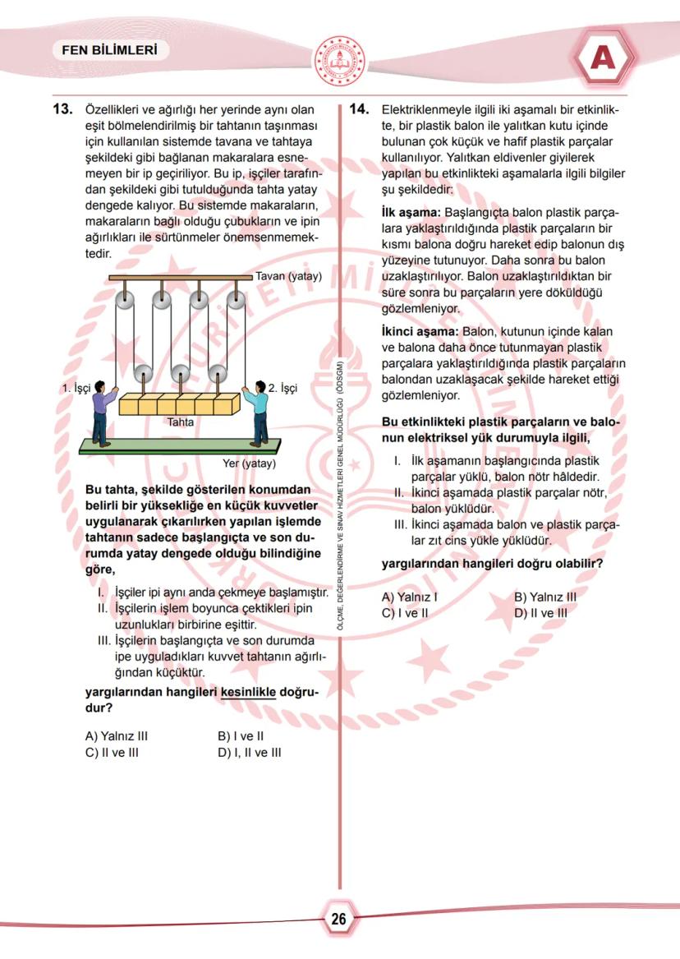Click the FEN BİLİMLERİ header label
pyautogui.click(x=109, y=50)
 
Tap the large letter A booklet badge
pyautogui.click(x=604, y=58)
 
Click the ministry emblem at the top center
pyautogui.click(x=340, y=59)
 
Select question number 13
pyautogui.click(x=64, y=110)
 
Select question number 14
pyautogui.click(x=361, y=110)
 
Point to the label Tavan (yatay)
pyautogui.click(x=288, y=276)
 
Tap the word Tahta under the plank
pyautogui.click(x=180, y=422)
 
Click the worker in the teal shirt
pyautogui.click(x=258, y=411)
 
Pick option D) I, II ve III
pyautogui.click(x=249, y=752)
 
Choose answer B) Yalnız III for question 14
pyautogui.click(x=544, y=597)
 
